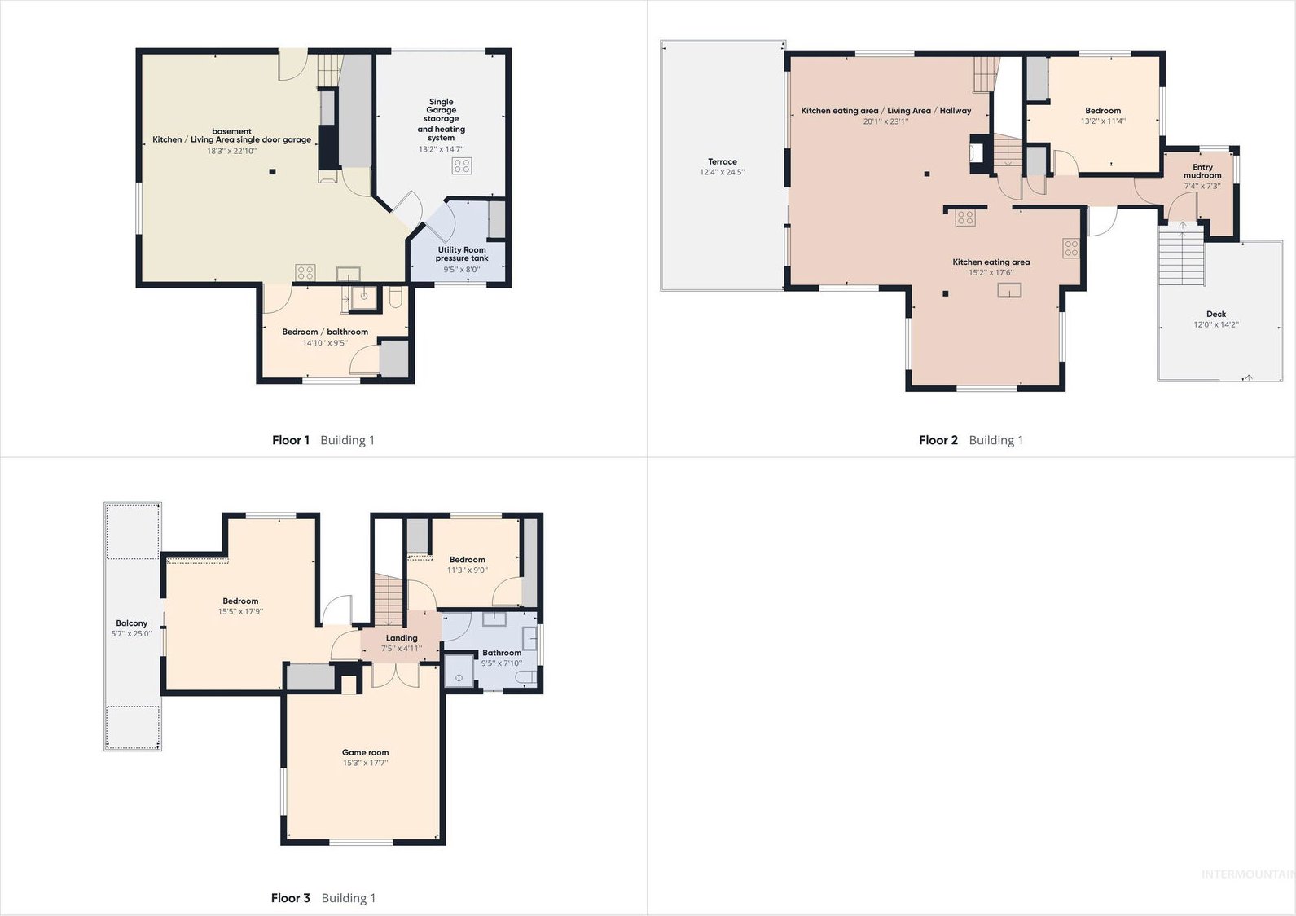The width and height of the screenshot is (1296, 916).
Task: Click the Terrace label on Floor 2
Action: (722, 161)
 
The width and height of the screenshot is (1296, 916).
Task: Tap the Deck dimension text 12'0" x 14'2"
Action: (1215, 324)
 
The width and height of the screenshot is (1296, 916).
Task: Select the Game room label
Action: (365, 752)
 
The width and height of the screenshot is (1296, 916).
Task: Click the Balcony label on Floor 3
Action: (131, 623)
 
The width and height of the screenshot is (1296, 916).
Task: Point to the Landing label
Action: (401, 637)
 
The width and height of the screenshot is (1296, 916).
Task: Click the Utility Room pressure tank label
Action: (462, 254)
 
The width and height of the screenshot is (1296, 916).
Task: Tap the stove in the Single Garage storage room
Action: (462, 166)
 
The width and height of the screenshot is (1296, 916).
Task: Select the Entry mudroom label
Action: (1202, 171)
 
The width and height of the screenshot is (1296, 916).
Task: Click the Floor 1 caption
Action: (291, 440)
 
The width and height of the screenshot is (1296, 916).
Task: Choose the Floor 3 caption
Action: (291, 897)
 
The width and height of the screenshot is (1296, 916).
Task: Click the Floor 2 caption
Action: (938, 440)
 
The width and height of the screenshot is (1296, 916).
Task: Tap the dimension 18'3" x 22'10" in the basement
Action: (231, 151)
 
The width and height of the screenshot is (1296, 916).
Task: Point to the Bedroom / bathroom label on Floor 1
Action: (325, 332)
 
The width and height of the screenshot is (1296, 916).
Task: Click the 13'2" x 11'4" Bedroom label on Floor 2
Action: (1103, 111)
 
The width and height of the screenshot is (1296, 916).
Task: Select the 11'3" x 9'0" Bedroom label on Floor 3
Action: (467, 560)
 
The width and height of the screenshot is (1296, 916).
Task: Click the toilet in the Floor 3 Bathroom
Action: (525, 677)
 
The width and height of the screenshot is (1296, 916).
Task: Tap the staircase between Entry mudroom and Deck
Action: (1181, 255)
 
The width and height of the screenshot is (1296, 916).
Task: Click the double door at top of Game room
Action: (395, 676)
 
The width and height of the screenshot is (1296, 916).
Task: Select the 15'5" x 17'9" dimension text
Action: (240, 612)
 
